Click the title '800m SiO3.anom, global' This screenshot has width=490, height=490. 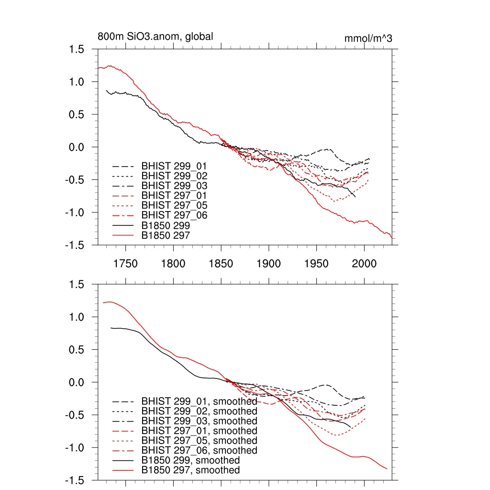[x=155, y=36]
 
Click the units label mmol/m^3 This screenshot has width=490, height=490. [x=368, y=39]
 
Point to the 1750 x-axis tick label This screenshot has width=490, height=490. [x=125, y=264]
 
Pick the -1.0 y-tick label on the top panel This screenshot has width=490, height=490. [x=76, y=212]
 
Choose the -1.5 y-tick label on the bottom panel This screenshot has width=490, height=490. [x=76, y=480]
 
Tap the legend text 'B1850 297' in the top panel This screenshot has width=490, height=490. [x=166, y=235]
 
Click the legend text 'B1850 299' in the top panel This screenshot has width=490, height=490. [x=166, y=225]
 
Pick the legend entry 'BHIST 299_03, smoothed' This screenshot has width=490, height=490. [x=199, y=421]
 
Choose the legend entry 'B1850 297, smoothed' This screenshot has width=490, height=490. [x=190, y=470]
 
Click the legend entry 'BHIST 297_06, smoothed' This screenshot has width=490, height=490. [x=199, y=450]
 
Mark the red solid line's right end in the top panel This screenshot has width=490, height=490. [x=391, y=237]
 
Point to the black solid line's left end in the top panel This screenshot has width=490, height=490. [x=106, y=90]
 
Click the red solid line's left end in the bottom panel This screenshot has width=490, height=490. [x=103, y=303]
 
